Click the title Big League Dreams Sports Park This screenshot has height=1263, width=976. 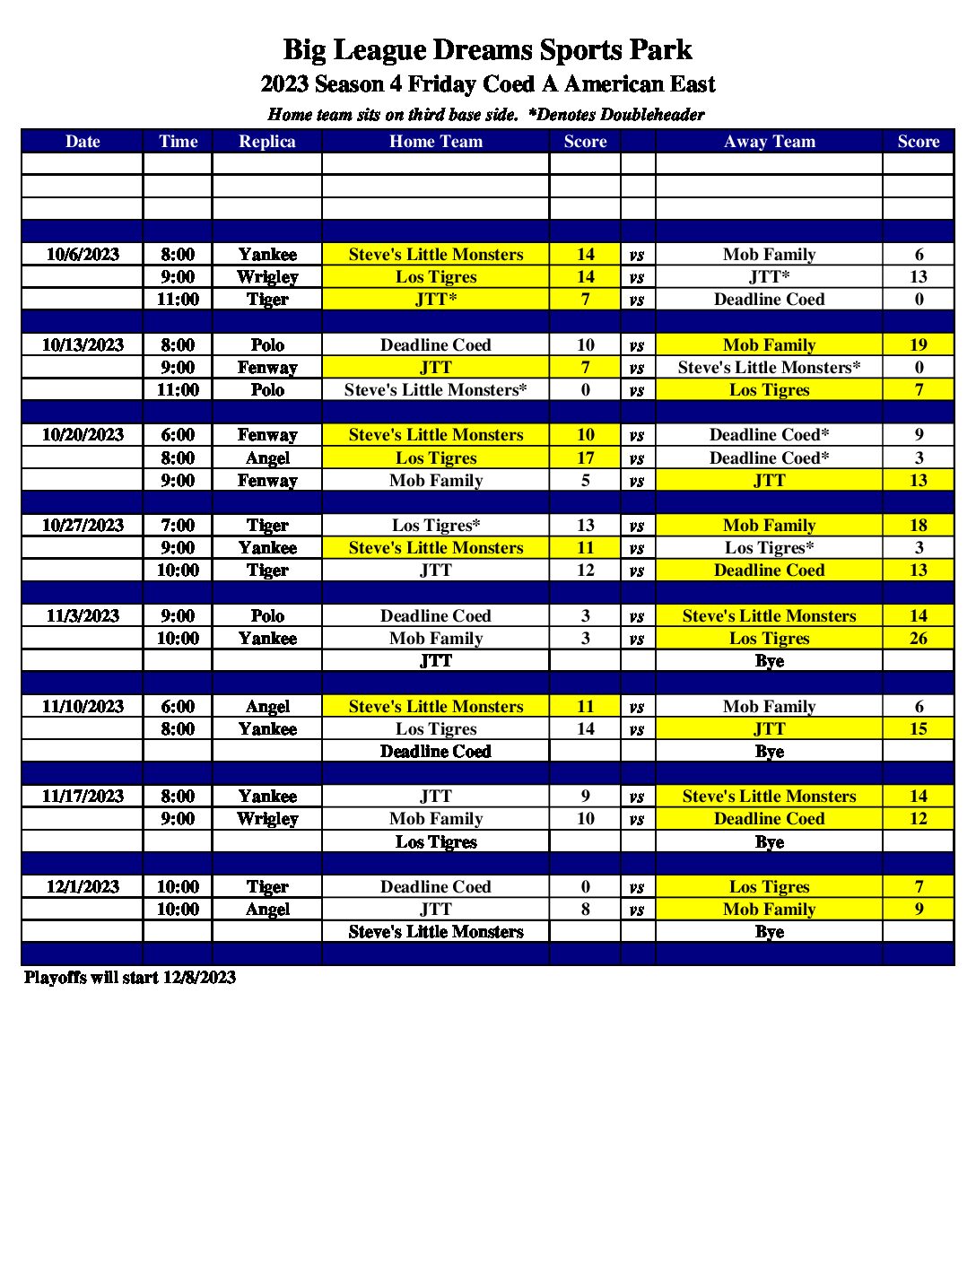click(x=487, y=50)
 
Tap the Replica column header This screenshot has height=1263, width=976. click(x=266, y=142)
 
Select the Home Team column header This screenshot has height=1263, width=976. click(x=435, y=142)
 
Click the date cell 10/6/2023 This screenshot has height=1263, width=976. click(x=83, y=255)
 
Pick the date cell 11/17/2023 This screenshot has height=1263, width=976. click(x=83, y=797)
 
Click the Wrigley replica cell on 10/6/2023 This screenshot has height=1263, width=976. click(x=266, y=277)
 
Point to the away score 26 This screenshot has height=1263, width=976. click(x=918, y=639)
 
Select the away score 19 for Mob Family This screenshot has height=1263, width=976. click(x=918, y=345)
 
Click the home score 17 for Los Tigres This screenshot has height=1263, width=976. click(x=585, y=458)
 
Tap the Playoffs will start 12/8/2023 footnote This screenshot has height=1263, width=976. click(x=130, y=978)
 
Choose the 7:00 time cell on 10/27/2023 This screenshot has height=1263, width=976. click(x=178, y=526)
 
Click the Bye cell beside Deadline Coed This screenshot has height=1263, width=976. click(x=769, y=752)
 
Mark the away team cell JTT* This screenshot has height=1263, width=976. click(x=769, y=277)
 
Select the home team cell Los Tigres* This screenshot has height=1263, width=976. click(x=435, y=526)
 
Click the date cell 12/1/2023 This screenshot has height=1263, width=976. click(x=83, y=887)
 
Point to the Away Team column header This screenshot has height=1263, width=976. click(x=769, y=142)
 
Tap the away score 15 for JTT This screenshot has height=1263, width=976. click(x=918, y=729)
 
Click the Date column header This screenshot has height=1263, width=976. click(x=83, y=142)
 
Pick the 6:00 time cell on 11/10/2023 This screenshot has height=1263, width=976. click(x=178, y=707)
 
